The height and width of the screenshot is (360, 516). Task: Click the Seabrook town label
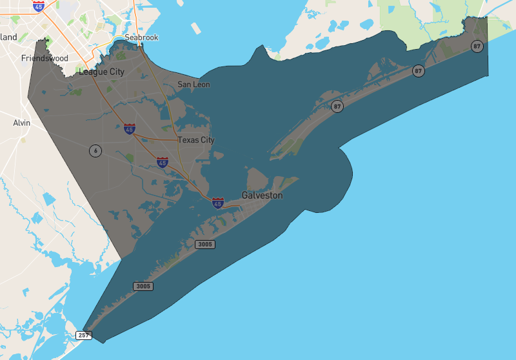click(x=141, y=37)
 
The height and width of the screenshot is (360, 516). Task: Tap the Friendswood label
click(x=45, y=58)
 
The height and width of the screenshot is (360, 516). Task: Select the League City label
click(x=101, y=72)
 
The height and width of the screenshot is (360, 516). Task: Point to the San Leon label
click(x=193, y=85)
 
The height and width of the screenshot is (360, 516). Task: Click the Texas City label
click(x=195, y=140)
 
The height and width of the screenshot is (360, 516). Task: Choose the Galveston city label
click(x=262, y=195)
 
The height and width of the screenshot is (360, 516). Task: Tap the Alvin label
click(x=21, y=123)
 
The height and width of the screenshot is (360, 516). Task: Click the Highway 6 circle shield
click(x=95, y=150)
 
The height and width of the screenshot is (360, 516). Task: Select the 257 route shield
click(x=84, y=335)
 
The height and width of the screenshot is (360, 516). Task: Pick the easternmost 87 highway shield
click(x=477, y=46)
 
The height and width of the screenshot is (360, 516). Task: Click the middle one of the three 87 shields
click(x=419, y=70)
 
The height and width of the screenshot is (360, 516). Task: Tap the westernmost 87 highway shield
click(x=337, y=106)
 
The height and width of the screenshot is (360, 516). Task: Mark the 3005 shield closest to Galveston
click(x=205, y=244)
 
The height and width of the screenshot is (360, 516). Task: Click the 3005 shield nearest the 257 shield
click(x=143, y=286)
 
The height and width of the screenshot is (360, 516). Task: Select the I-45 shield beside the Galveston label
click(x=218, y=203)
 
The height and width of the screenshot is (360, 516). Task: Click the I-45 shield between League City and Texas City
click(x=130, y=129)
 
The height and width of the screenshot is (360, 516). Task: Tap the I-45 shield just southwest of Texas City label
click(x=162, y=162)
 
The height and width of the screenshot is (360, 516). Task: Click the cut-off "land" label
click(x=8, y=37)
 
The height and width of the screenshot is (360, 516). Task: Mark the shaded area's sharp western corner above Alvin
click(x=28, y=99)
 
